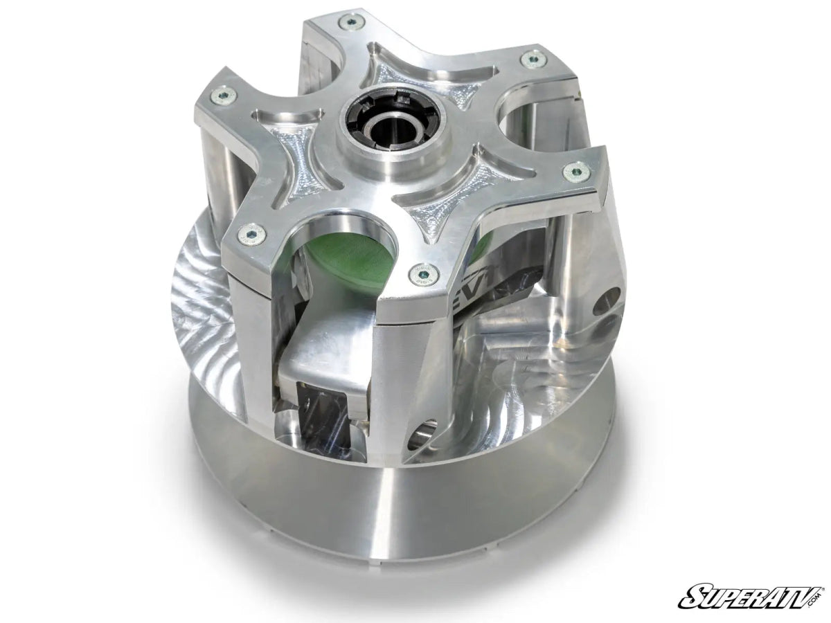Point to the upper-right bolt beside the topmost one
pyautogui.click(x=533, y=60)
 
